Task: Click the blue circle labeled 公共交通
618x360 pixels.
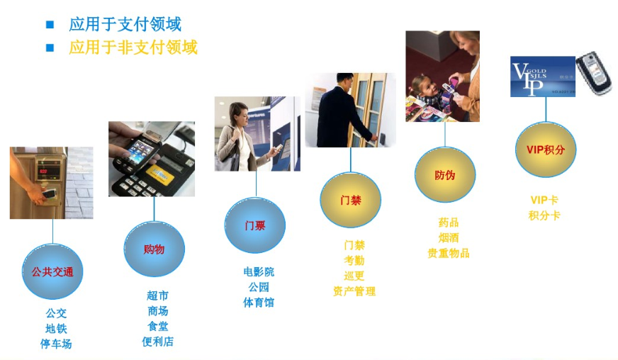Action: coord(52,271)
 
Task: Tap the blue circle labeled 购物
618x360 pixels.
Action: coord(154,249)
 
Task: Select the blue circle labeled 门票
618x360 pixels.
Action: coord(255,225)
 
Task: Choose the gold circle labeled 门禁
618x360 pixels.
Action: coord(350,200)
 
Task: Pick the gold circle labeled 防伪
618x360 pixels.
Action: coord(445,174)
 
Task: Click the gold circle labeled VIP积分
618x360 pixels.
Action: coord(546,150)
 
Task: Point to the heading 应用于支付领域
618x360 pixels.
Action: coord(125,24)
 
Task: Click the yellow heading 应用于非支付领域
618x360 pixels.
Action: coord(133,47)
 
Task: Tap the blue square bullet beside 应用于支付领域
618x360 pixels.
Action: coord(50,24)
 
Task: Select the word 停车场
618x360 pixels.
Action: coord(56,344)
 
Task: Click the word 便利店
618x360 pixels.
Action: coord(157,342)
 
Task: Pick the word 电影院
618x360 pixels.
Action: coord(259,271)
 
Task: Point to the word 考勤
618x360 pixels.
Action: coord(354,260)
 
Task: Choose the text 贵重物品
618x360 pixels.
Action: coord(449,253)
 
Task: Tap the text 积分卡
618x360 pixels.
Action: coord(544,215)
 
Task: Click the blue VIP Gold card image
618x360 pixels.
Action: coord(543,77)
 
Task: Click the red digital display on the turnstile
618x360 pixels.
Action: coord(43,171)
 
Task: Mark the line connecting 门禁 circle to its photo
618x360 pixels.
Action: coord(350,159)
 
